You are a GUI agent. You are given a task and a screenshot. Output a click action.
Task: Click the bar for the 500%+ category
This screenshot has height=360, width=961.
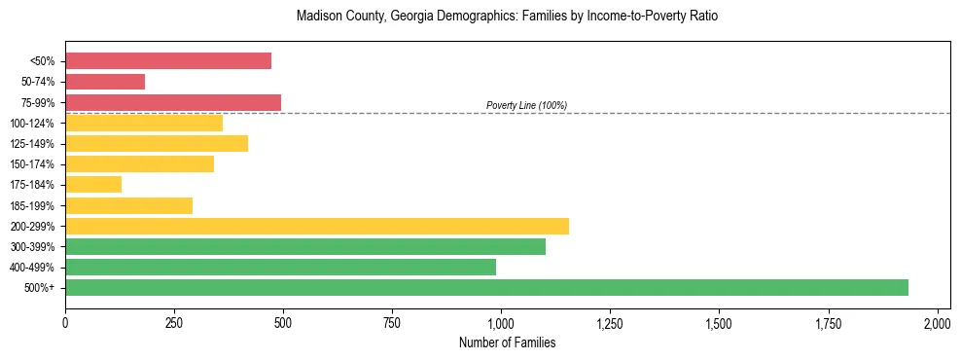486,287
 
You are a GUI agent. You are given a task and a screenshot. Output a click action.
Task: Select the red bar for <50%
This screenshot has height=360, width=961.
168,61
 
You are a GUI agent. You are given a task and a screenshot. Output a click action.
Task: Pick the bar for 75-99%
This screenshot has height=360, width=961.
173,102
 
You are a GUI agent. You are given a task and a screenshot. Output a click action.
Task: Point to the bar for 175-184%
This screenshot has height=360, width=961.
93,184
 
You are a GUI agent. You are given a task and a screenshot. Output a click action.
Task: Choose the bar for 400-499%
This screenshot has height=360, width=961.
280,267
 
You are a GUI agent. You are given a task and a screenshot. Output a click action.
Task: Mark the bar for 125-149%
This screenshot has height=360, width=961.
157,143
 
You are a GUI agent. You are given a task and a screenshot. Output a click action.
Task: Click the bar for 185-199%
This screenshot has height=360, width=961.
128,205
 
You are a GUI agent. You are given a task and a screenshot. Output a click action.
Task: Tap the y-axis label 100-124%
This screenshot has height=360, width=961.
32,124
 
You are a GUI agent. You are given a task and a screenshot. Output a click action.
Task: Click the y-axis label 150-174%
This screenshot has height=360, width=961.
32,164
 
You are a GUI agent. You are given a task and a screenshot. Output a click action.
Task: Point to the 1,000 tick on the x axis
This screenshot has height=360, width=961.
501,322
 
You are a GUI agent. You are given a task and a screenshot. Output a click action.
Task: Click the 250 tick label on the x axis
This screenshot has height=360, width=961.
174,322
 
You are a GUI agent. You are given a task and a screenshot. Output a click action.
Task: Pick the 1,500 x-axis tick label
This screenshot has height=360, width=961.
719,322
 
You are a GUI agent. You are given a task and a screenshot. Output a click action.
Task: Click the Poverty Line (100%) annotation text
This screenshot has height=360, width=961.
526,105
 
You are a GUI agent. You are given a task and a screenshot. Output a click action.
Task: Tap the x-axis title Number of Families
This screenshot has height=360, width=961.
507,342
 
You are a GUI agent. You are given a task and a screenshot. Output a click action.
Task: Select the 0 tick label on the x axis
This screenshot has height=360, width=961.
65,322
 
